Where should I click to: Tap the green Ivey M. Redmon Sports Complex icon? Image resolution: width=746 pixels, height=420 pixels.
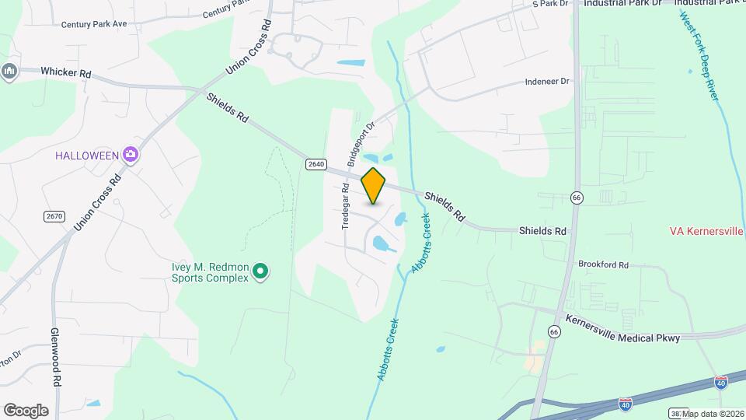tap(261, 271)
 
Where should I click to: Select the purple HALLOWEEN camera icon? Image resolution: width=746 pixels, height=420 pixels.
tap(130, 155)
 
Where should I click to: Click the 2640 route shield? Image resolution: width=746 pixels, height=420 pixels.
tap(315, 163)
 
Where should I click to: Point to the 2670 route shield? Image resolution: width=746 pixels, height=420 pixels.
tap(54, 215)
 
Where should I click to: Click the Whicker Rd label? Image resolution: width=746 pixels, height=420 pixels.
tap(66, 73)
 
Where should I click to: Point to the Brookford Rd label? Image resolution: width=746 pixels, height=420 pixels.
tap(603, 264)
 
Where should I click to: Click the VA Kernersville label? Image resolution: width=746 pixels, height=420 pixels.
tap(706, 231)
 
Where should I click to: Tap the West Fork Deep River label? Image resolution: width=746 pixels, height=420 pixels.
tap(701, 55)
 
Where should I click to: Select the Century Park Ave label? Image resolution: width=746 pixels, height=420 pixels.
tap(94, 24)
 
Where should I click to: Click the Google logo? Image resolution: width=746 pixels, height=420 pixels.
tap(26, 411)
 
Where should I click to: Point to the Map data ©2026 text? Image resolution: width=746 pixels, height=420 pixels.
tap(712, 414)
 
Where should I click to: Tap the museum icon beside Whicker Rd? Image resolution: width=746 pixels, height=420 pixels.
tap(9, 71)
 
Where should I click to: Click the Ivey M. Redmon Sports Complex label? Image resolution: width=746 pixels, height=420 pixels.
tap(210, 271)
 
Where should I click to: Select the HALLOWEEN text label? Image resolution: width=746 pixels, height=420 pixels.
tap(86, 155)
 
